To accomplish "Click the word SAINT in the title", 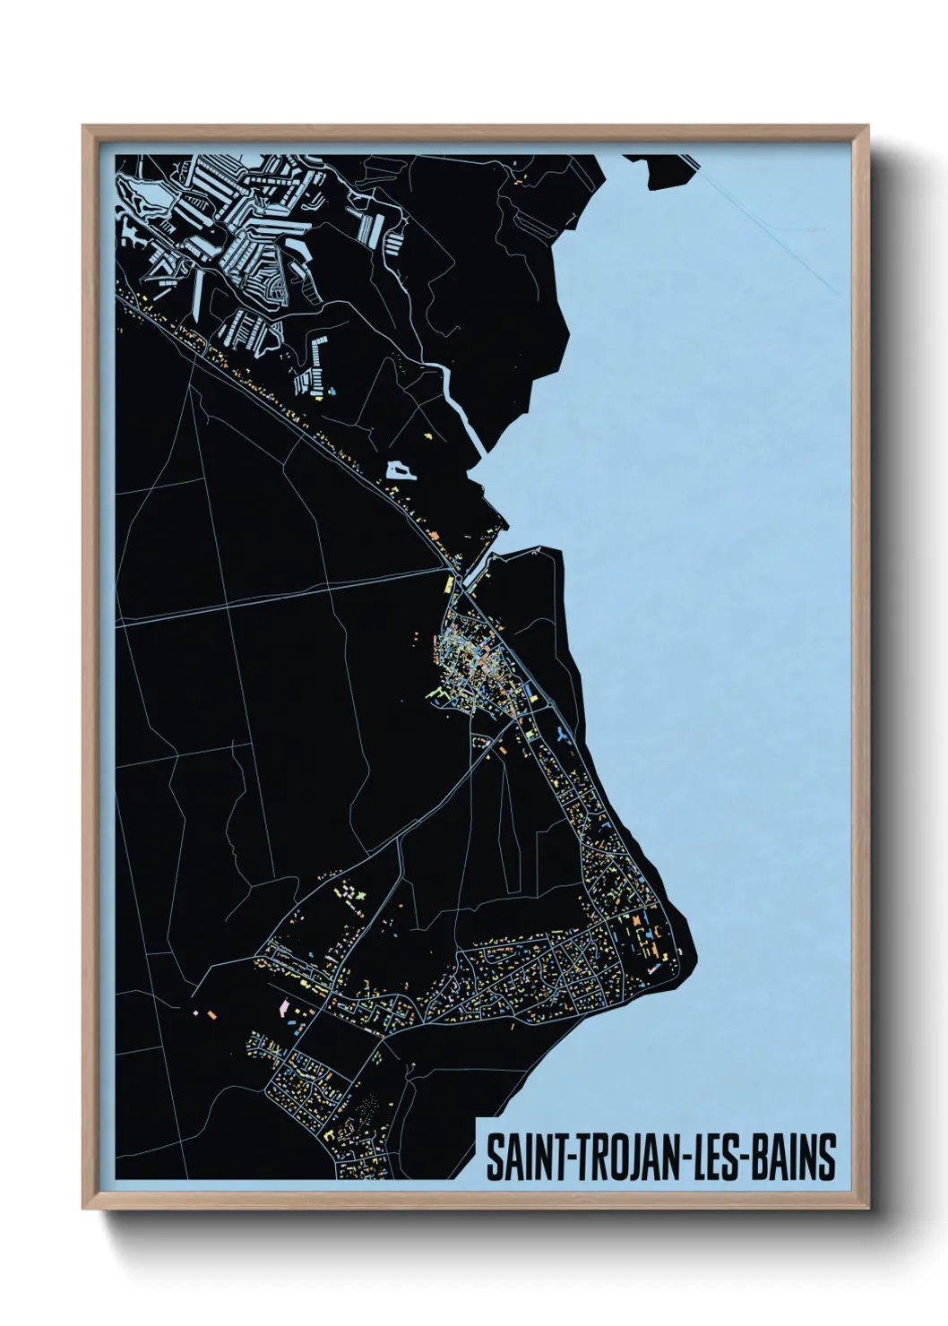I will click(x=521, y=1157).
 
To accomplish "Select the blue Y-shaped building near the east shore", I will click(x=563, y=736).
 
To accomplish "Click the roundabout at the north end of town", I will click(x=457, y=597).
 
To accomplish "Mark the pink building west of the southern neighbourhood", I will click(x=286, y=1009).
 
